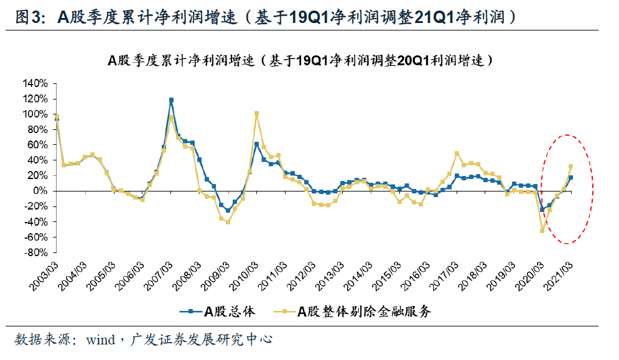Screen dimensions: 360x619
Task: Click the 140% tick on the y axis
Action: pyautogui.click(x=35, y=83)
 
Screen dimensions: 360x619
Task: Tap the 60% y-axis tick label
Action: pyautogui.click(x=37, y=145)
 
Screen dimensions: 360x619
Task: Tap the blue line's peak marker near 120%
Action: pyautogui.click(x=171, y=100)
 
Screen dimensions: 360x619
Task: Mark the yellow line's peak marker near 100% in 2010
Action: pyautogui.click(x=256, y=114)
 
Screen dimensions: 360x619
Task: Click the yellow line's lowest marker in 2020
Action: pyautogui.click(x=542, y=231)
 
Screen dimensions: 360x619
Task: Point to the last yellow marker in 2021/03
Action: pyautogui.click(x=570, y=167)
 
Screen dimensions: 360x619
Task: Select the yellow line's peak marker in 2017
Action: pyautogui.click(x=457, y=154)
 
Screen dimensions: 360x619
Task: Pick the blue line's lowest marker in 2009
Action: pyautogui.click(x=228, y=210)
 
